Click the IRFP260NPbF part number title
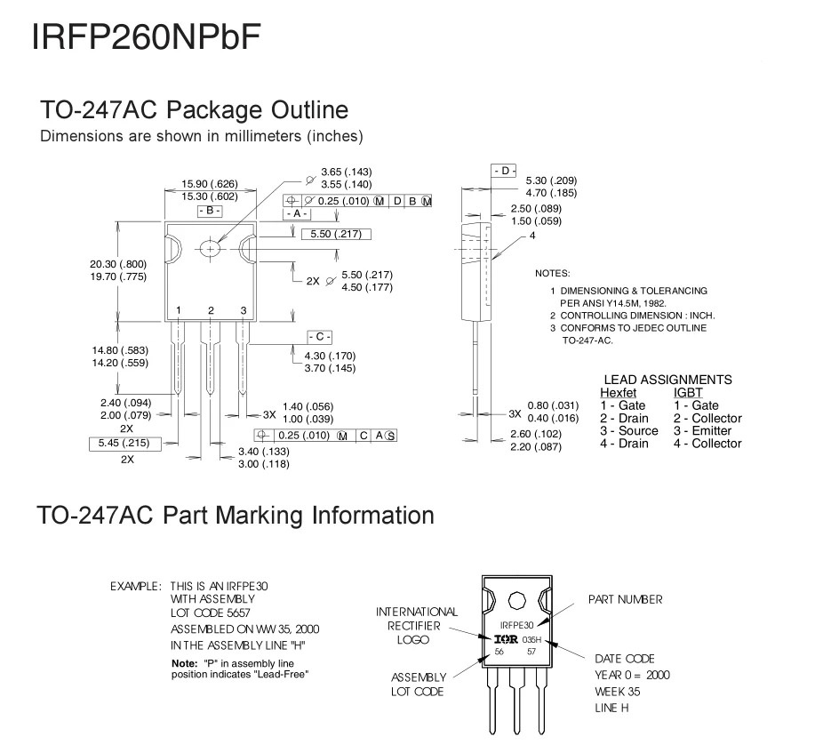(x=146, y=37)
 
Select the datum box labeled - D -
(x=504, y=170)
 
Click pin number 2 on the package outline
(x=211, y=309)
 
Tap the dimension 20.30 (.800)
(x=117, y=264)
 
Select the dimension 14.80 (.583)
(x=117, y=351)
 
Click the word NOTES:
(x=552, y=273)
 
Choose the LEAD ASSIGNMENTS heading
(x=667, y=380)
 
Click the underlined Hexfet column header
(x=619, y=392)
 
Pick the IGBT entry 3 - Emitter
(x=702, y=430)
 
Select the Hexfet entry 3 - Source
(x=628, y=430)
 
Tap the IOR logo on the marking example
(x=506, y=638)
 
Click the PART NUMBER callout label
(x=625, y=600)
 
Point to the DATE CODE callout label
(x=624, y=659)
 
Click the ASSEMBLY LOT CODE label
(x=417, y=684)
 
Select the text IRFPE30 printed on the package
(x=517, y=625)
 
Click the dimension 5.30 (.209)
(x=551, y=180)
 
